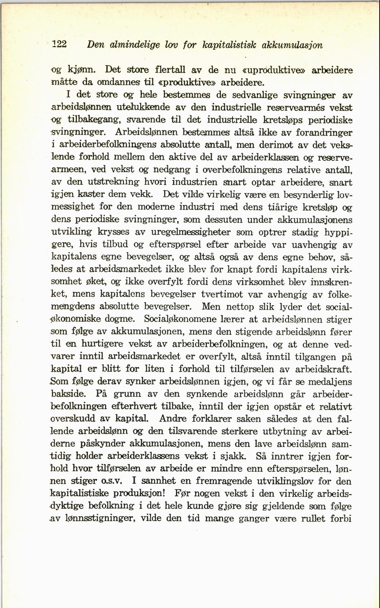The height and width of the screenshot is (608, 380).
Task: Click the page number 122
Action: point(58,45)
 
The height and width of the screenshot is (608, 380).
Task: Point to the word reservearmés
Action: point(294,107)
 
